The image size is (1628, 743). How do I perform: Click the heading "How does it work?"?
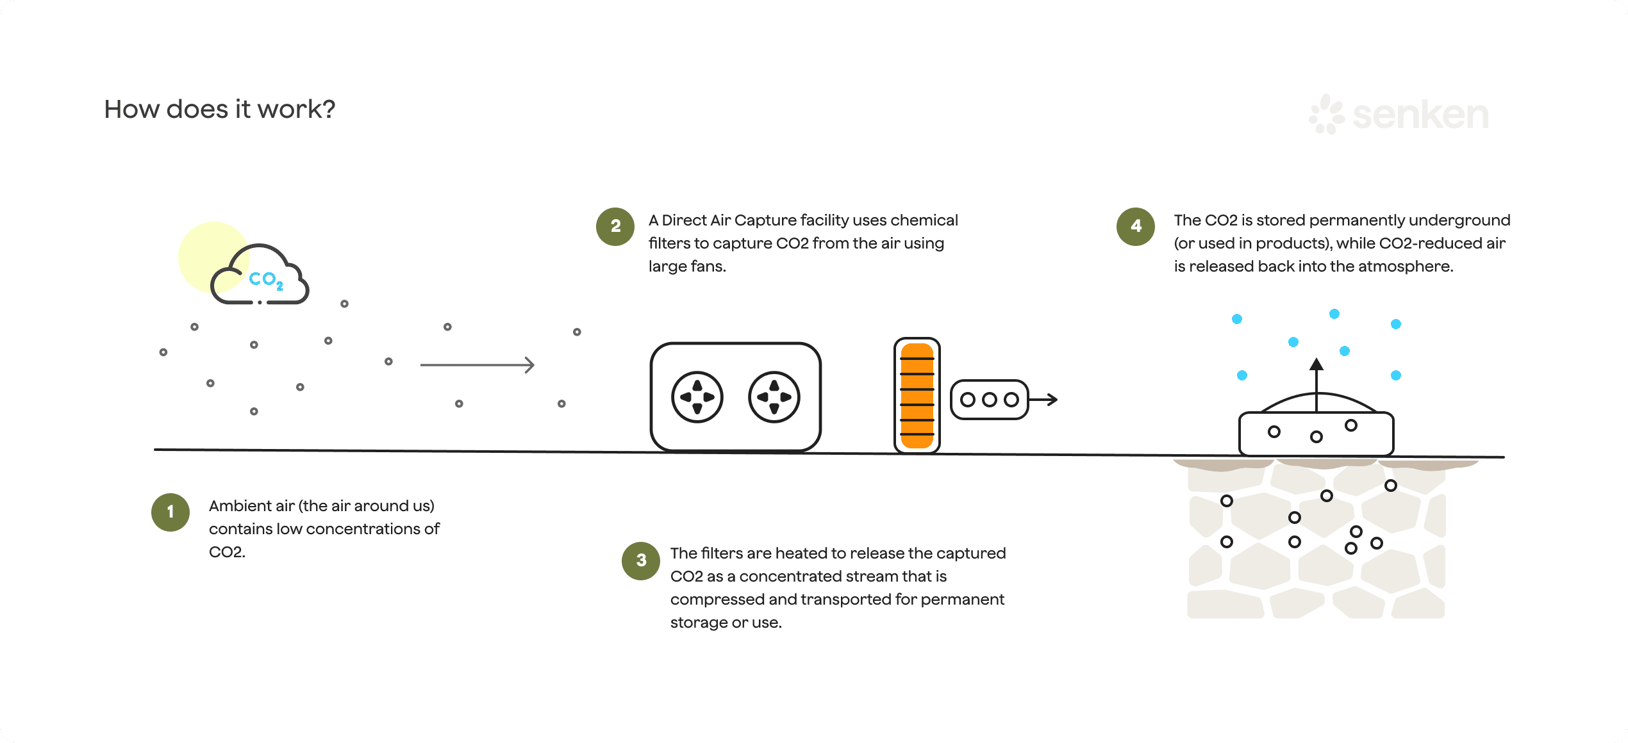pos(219,110)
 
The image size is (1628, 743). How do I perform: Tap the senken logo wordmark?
pos(1420,115)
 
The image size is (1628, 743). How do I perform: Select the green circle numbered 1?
pos(170,512)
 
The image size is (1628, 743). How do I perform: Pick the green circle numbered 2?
pos(615,226)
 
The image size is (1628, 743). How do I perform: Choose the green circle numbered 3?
pos(641,560)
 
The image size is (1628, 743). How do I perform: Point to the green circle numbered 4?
pos(1136,226)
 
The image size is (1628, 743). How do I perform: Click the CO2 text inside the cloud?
pos(265,280)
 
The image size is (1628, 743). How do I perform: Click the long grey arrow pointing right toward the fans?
pos(477,365)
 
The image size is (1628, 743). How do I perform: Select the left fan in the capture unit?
pos(697,397)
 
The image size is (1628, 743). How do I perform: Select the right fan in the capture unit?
pos(774,397)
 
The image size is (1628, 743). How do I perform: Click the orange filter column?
pos(917,396)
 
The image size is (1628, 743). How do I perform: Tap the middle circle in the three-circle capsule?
pos(990,400)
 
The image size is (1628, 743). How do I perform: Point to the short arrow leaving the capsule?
pos(1043,400)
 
